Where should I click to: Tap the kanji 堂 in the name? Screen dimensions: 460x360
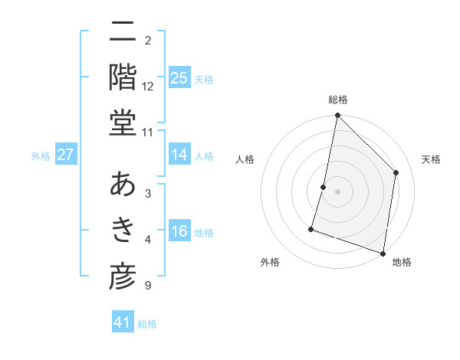tap(123, 123)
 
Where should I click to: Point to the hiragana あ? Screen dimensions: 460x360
tap(123, 185)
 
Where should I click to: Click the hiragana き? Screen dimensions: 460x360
tap(123, 231)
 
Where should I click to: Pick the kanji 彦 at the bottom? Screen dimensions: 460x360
tap(123, 277)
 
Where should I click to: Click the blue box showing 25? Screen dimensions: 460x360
tap(179, 77)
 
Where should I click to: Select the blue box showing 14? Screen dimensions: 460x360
tap(179, 155)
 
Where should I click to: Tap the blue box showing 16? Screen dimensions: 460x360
tap(179, 231)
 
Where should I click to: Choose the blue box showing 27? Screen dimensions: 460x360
tap(65, 155)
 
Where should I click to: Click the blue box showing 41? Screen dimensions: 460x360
tap(123, 322)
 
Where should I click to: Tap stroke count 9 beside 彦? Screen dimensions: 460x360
tap(147, 286)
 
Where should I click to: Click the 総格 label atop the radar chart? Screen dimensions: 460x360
tap(338, 100)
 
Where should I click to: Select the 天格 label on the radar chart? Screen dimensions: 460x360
tap(432, 159)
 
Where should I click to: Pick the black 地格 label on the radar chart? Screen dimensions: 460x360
tap(402, 262)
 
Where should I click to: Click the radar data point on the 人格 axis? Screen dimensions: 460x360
tap(324, 187)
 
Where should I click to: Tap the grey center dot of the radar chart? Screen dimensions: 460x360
tap(338, 191)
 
